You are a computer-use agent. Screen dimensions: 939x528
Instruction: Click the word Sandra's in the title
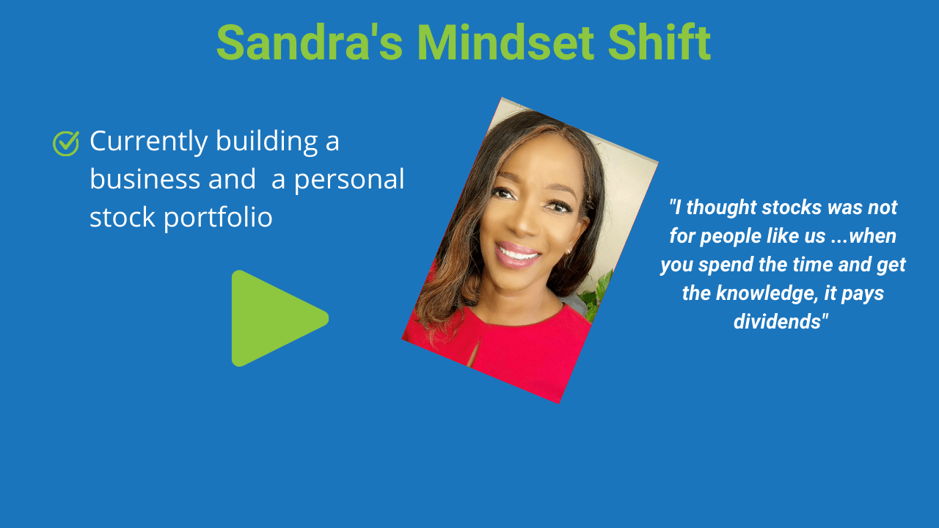tap(310, 43)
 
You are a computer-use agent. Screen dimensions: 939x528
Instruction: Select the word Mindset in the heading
tap(505, 43)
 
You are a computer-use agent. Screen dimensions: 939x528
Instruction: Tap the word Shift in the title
tap(660, 42)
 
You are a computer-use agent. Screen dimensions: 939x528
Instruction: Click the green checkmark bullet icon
tap(66, 143)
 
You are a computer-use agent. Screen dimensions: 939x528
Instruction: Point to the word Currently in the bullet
tap(149, 142)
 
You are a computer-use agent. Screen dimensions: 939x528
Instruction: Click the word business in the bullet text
tap(145, 178)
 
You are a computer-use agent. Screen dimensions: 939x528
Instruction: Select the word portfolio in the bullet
tap(218, 219)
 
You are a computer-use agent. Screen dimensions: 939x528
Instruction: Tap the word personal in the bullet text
tap(348, 180)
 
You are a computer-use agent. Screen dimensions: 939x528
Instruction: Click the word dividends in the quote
tap(777, 321)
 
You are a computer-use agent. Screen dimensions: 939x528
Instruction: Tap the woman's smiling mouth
tap(518, 253)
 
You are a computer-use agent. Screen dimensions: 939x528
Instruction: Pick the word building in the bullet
tap(266, 142)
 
